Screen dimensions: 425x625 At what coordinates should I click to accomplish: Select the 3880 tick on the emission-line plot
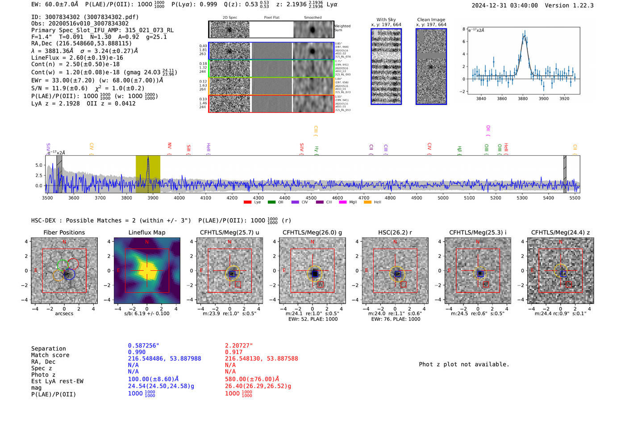(523, 99)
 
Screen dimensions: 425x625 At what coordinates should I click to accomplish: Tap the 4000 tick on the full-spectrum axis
(179, 198)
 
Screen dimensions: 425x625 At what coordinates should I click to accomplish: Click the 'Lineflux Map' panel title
(146, 232)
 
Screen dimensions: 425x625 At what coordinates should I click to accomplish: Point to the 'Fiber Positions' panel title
(64, 232)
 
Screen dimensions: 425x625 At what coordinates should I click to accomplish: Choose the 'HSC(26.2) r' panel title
(395, 232)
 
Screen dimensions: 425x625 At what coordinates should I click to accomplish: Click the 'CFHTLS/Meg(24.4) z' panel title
(560, 232)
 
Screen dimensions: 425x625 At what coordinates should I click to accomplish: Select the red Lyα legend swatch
(248, 202)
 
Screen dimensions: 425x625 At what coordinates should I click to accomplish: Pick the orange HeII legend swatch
(367, 202)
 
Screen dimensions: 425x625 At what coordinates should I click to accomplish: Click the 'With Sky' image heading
(386, 20)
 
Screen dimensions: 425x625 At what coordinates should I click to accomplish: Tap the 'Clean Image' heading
(431, 20)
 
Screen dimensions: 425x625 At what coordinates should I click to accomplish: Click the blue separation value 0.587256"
(143, 346)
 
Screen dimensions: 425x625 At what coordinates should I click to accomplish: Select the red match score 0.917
(234, 352)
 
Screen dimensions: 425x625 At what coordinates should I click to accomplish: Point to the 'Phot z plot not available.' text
(464, 364)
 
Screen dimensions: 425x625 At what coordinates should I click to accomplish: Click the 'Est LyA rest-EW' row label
(57, 381)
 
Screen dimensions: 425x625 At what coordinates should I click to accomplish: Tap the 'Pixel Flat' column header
(271, 17)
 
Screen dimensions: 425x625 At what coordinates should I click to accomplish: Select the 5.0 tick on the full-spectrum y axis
(39, 165)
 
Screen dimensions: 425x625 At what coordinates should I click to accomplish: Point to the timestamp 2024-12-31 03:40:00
(504, 5)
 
